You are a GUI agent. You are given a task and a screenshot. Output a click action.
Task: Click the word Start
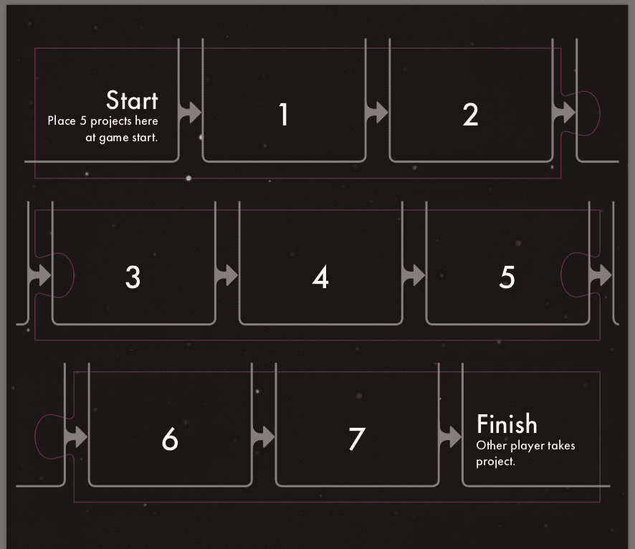132,100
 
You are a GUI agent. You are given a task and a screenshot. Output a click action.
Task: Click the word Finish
507,424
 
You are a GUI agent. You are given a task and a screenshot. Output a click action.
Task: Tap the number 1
284,114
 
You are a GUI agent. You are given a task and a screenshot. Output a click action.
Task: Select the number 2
470,115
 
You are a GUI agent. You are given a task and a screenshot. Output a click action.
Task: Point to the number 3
133,277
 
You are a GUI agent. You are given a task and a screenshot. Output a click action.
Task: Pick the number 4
320,277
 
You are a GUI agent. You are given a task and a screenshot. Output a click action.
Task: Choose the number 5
507,277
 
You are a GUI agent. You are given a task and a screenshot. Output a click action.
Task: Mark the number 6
170,439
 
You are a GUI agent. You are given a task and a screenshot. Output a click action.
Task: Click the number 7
357,439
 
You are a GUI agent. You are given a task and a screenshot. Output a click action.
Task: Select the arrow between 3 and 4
226,275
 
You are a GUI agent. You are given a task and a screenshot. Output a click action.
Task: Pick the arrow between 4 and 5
414,275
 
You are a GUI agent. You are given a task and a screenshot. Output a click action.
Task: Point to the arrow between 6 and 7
263,437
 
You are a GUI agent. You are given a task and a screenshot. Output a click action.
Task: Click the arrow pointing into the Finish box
450,437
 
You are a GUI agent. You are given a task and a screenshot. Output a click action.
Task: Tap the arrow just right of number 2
564,112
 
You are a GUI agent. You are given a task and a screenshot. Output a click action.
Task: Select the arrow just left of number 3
39,275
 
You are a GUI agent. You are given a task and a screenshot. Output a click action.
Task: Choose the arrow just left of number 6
76,437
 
